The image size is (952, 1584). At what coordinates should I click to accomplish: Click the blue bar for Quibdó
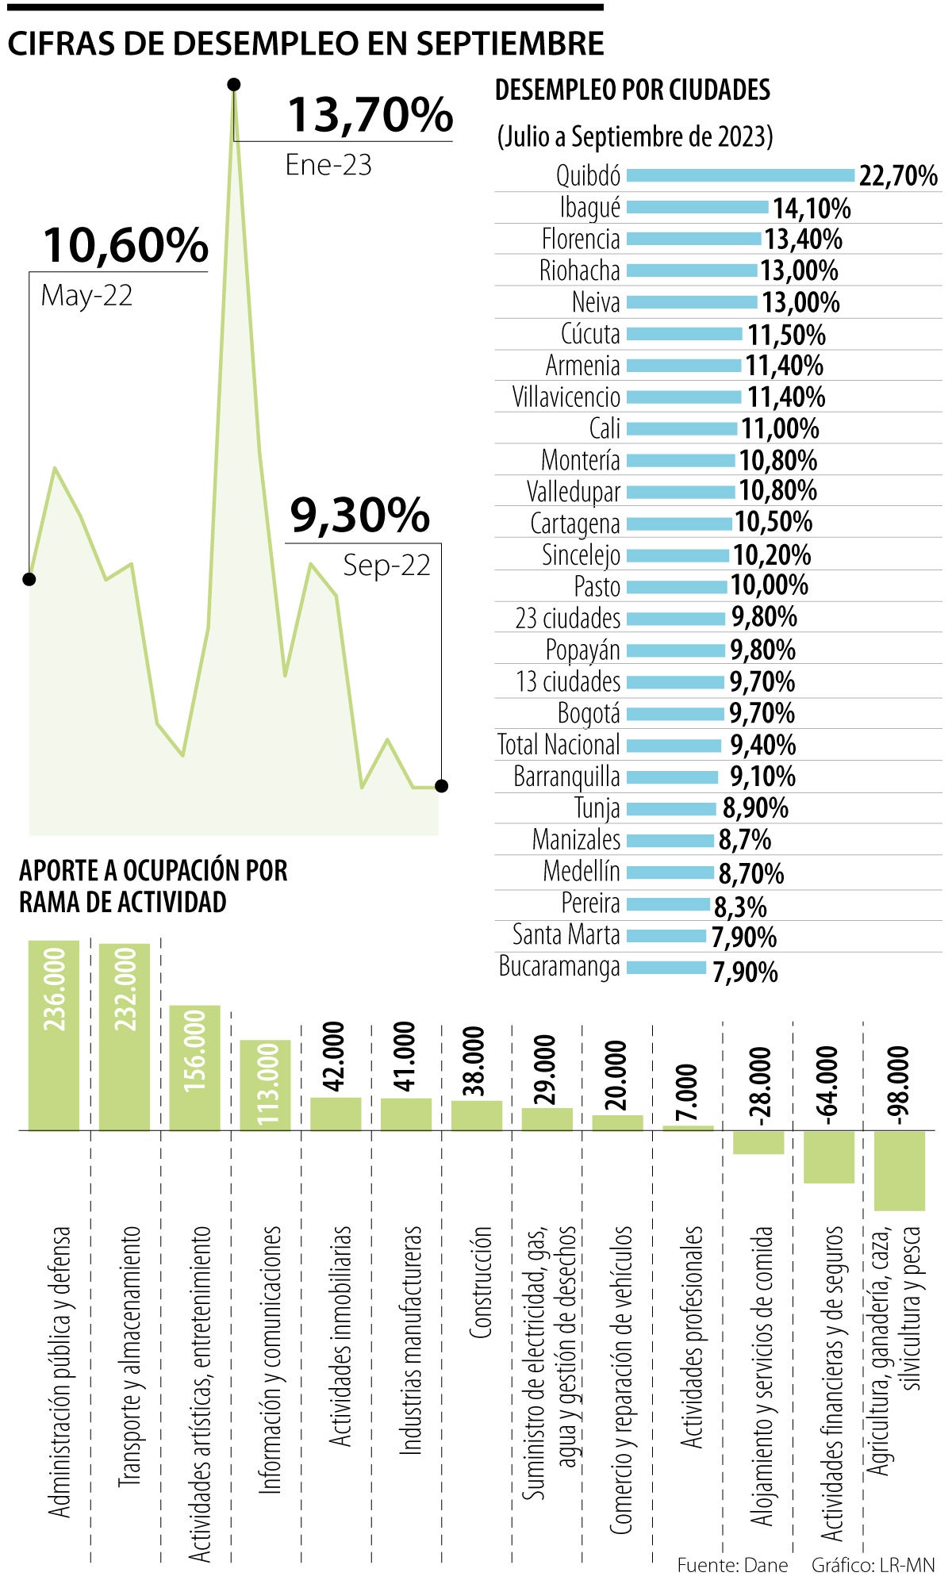pyautogui.click(x=740, y=175)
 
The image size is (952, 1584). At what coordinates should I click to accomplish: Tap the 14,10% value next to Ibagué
pyautogui.click(x=812, y=209)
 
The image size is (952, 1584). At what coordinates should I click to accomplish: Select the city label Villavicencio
pyautogui.click(x=566, y=397)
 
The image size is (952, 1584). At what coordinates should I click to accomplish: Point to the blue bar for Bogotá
pyautogui.click(x=675, y=714)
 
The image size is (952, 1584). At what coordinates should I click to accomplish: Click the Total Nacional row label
pyautogui.click(x=559, y=745)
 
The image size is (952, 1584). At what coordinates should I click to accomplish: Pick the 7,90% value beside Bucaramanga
pyautogui.click(x=745, y=972)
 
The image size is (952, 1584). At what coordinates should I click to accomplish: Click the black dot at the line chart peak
pyautogui.click(x=233, y=85)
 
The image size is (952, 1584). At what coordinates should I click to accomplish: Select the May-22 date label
pyautogui.click(x=86, y=296)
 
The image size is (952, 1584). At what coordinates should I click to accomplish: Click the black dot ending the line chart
pyautogui.click(x=442, y=786)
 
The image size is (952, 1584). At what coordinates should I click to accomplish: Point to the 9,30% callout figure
pyautogui.click(x=359, y=516)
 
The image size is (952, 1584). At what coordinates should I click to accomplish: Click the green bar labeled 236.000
pyautogui.click(x=54, y=1035)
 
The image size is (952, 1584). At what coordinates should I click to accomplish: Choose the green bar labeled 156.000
pyautogui.click(x=194, y=1068)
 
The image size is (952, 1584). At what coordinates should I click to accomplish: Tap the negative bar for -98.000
pyautogui.click(x=899, y=1171)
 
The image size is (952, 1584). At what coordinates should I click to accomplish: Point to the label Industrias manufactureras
pyautogui.click(x=409, y=1340)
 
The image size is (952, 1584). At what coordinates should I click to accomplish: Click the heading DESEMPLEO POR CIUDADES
pyautogui.click(x=632, y=90)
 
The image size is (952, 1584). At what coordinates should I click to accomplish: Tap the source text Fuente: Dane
pyautogui.click(x=732, y=1565)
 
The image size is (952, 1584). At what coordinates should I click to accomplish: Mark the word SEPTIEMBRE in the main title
pyautogui.click(x=509, y=44)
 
